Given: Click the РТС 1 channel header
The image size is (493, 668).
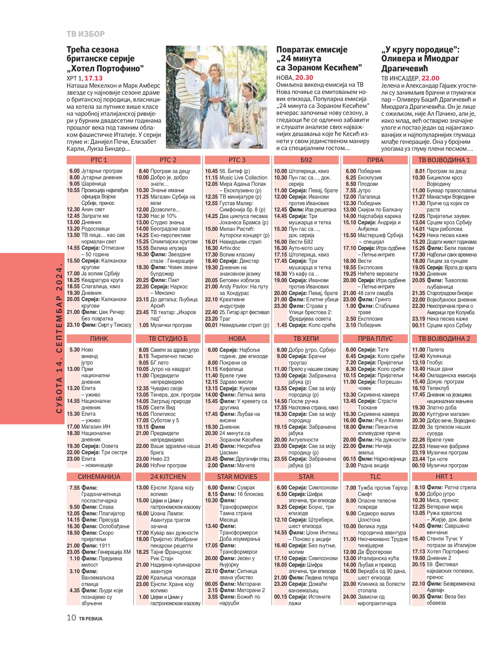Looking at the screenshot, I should coord(99,160).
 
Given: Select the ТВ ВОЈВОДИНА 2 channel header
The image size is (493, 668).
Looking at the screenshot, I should coord(444,339).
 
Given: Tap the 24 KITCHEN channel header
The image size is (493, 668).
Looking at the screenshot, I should coord(168,477).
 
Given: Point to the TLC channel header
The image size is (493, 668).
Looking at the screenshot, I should coord(375,477).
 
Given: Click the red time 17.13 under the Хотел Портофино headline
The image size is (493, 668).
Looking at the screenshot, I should coord(93,78).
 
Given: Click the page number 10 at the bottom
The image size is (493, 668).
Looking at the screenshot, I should coord(71,618).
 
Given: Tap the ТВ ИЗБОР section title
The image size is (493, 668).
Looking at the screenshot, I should coord(86,34).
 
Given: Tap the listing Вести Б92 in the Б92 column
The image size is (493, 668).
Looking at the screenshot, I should coord(301,242).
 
